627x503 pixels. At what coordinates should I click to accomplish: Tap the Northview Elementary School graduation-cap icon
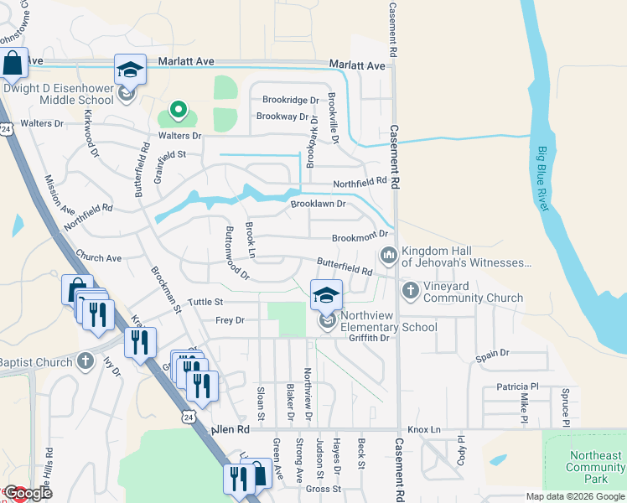(x=327, y=294)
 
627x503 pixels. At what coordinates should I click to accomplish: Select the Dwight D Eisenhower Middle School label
(x=59, y=94)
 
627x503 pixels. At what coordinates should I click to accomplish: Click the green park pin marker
(x=178, y=110)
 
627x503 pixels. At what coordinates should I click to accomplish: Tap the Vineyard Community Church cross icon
(x=410, y=291)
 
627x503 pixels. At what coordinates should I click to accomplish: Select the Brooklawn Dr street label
(x=319, y=204)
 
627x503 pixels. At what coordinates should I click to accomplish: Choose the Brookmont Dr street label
(x=360, y=238)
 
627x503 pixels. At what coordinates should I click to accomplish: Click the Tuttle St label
(x=206, y=302)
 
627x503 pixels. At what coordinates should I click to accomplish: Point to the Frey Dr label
(x=229, y=320)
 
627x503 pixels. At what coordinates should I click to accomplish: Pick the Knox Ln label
(x=425, y=429)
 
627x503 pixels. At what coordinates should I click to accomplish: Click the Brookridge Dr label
(x=291, y=100)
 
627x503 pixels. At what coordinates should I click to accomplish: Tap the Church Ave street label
(x=98, y=258)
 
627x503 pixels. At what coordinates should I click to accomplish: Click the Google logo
(x=27, y=493)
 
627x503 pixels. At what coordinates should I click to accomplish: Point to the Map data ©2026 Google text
(x=575, y=496)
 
